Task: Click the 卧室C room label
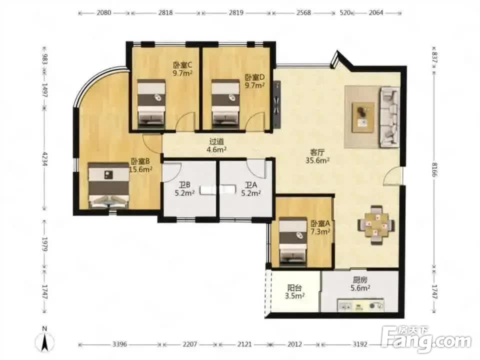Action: [183, 65]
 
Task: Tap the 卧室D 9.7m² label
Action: [254, 81]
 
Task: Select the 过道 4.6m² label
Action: [216, 145]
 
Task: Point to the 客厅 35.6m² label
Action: [317, 156]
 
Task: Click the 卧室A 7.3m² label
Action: [320, 227]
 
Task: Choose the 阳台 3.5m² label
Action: [294, 291]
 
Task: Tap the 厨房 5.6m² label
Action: [360, 284]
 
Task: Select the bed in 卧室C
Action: [151, 103]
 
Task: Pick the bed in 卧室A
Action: [293, 240]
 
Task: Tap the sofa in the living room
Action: [389, 116]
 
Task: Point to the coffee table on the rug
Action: [363, 117]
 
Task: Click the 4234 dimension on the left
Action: [44, 159]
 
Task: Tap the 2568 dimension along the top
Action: [303, 12]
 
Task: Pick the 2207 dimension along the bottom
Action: [190, 344]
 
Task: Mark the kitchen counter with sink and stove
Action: [361, 305]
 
